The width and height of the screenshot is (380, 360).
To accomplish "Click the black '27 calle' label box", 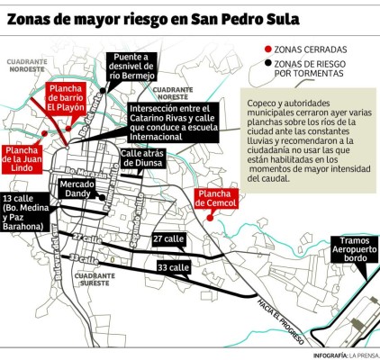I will [x=167, y=239].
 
